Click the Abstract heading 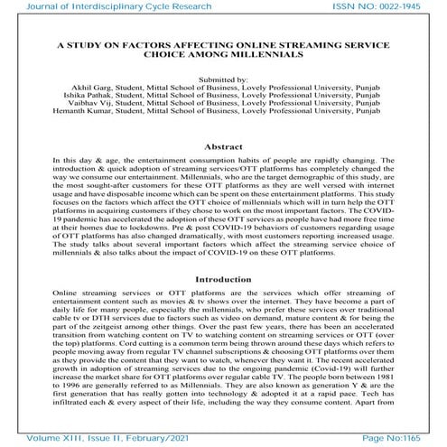223,146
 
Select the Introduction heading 223,255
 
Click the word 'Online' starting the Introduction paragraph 65,269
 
